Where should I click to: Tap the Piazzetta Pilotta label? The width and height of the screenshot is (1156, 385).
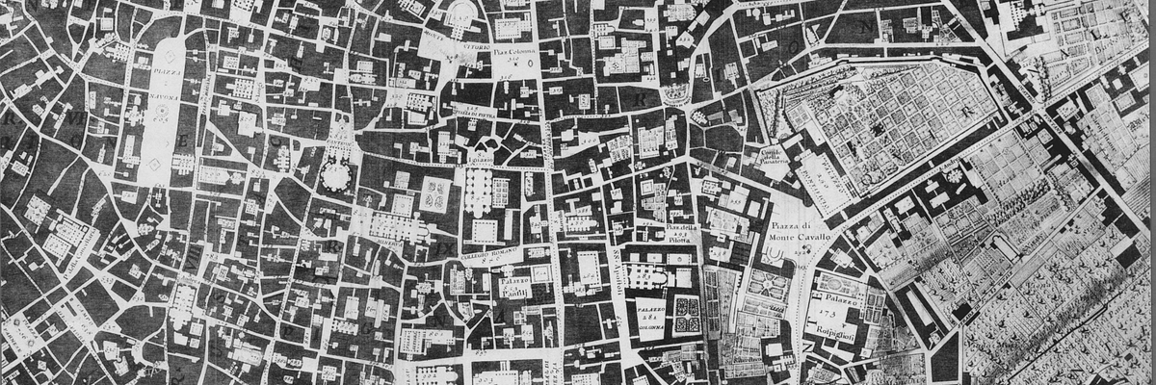pos(678,232)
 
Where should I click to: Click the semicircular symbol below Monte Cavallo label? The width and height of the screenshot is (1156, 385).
pos(773,252)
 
